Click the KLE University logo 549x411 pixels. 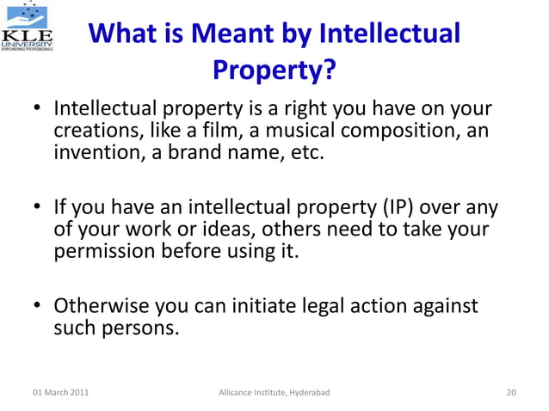click(x=28, y=28)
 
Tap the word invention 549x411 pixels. click(x=96, y=155)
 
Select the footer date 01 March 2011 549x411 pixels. click(x=59, y=393)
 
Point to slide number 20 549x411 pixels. click(x=511, y=393)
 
